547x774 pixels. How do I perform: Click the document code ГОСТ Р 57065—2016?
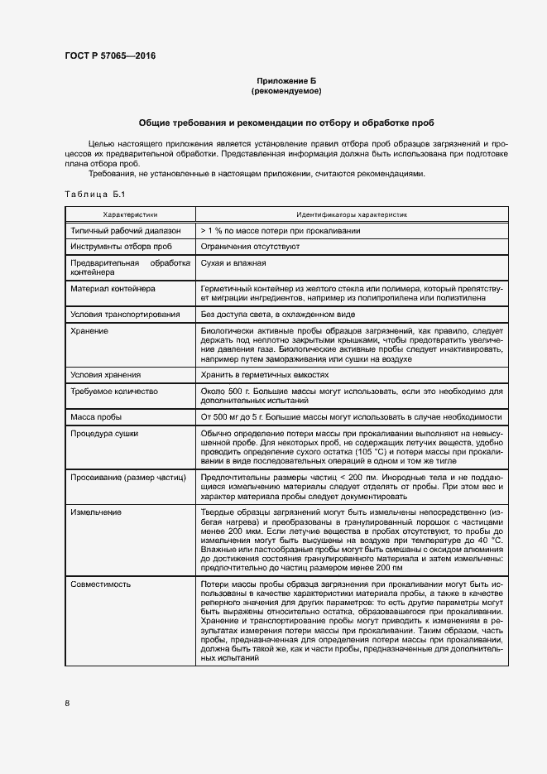tap(109, 56)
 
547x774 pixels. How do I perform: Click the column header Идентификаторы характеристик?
tap(352, 214)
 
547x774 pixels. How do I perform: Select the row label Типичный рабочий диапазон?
tap(121, 231)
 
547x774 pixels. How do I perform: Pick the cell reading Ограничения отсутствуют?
tap(238, 247)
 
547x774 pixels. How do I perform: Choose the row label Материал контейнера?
tap(108, 289)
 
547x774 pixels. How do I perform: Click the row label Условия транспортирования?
tap(125, 315)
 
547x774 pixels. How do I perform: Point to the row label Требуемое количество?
tap(114, 390)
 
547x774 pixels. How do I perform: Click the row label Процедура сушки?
tap(104, 433)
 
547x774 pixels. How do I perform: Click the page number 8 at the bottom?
tap(67, 704)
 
